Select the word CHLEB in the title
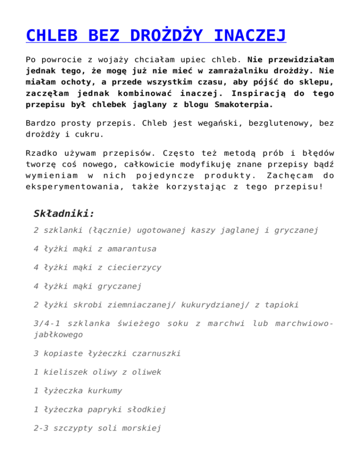51,35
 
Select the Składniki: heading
64,214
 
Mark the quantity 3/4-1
49,323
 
